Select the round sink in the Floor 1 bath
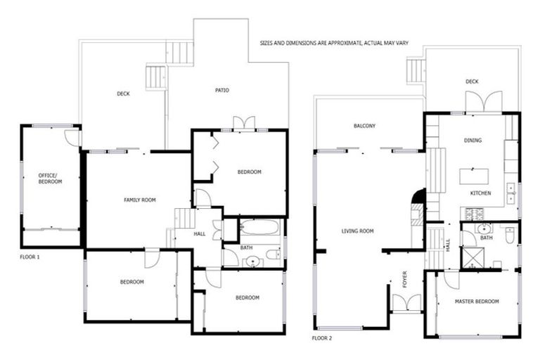(x=252, y=262)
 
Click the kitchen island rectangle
(x=474, y=176)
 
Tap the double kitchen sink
(x=511, y=192)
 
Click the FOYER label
(x=404, y=281)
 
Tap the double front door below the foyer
(x=406, y=303)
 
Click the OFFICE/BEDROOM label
(x=50, y=178)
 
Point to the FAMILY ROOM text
(x=139, y=200)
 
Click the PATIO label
(x=222, y=90)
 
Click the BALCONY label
(x=364, y=127)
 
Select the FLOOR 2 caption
(x=322, y=338)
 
